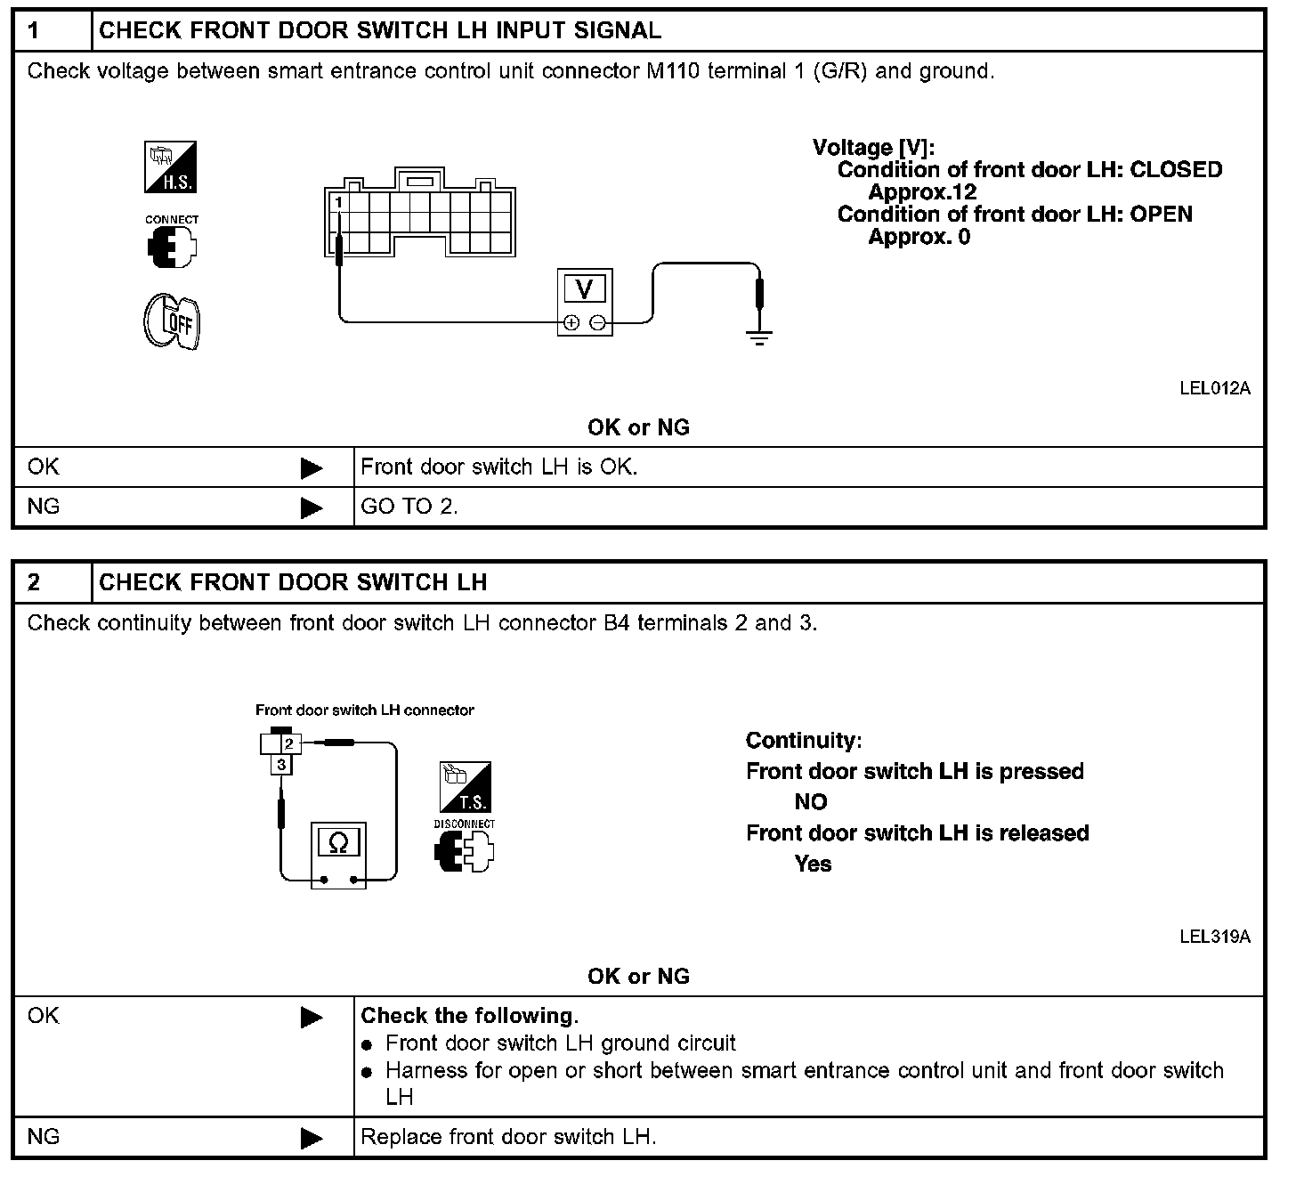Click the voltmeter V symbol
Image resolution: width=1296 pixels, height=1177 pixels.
[585, 289]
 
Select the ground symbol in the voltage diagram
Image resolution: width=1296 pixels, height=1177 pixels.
[758, 337]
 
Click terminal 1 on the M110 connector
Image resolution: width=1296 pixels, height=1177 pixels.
[338, 203]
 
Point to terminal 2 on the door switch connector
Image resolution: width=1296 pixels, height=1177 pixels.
[289, 743]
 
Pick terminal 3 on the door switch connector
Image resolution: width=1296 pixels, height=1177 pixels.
[281, 765]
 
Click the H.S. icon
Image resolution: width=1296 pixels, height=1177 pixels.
[171, 167]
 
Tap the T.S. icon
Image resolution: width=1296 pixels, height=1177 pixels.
[465, 786]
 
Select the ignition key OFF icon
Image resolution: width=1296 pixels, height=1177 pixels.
[173, 321]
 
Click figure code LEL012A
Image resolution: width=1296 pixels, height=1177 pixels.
[1214, 388]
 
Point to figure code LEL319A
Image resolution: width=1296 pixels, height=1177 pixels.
[1214, 937]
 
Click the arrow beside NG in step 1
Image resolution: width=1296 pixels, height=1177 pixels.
[312, 507]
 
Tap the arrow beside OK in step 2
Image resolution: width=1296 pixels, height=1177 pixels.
[312, 1017]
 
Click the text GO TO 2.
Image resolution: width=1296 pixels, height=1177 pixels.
[409, 507]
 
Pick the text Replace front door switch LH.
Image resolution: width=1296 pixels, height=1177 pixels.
[508, 1137]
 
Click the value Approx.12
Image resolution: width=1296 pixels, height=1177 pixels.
[922, 192]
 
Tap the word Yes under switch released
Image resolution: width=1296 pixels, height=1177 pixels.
[813, 864]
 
